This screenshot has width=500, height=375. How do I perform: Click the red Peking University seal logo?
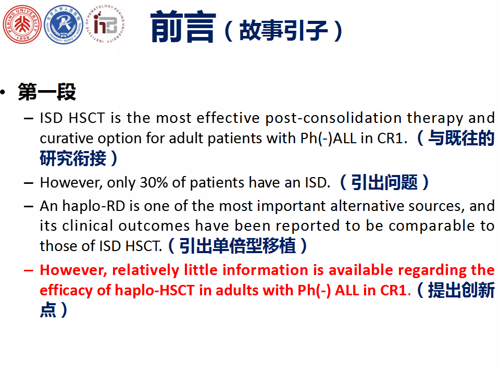click(x=22, y=24)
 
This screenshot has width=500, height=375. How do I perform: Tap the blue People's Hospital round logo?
click(x=63, y=24)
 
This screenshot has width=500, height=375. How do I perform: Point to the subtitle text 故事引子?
click(x=283, y=31)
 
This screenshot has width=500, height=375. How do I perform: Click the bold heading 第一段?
click(x=47, y=92)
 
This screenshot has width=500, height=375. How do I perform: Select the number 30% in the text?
click(x=154, y=183)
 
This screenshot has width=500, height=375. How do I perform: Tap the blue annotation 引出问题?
click(x=384, y=182)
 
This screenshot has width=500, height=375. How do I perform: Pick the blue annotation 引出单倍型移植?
click(x=238, y=246)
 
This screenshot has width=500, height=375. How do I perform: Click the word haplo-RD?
click(x=93, y=206)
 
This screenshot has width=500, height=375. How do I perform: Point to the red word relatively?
click(x=145, y=270)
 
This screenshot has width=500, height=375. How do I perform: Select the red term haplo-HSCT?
click(x=155, y=291)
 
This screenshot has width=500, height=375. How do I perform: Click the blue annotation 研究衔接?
click(x=73, y=158)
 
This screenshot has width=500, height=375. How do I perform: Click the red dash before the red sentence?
click(x=28, y=270)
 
